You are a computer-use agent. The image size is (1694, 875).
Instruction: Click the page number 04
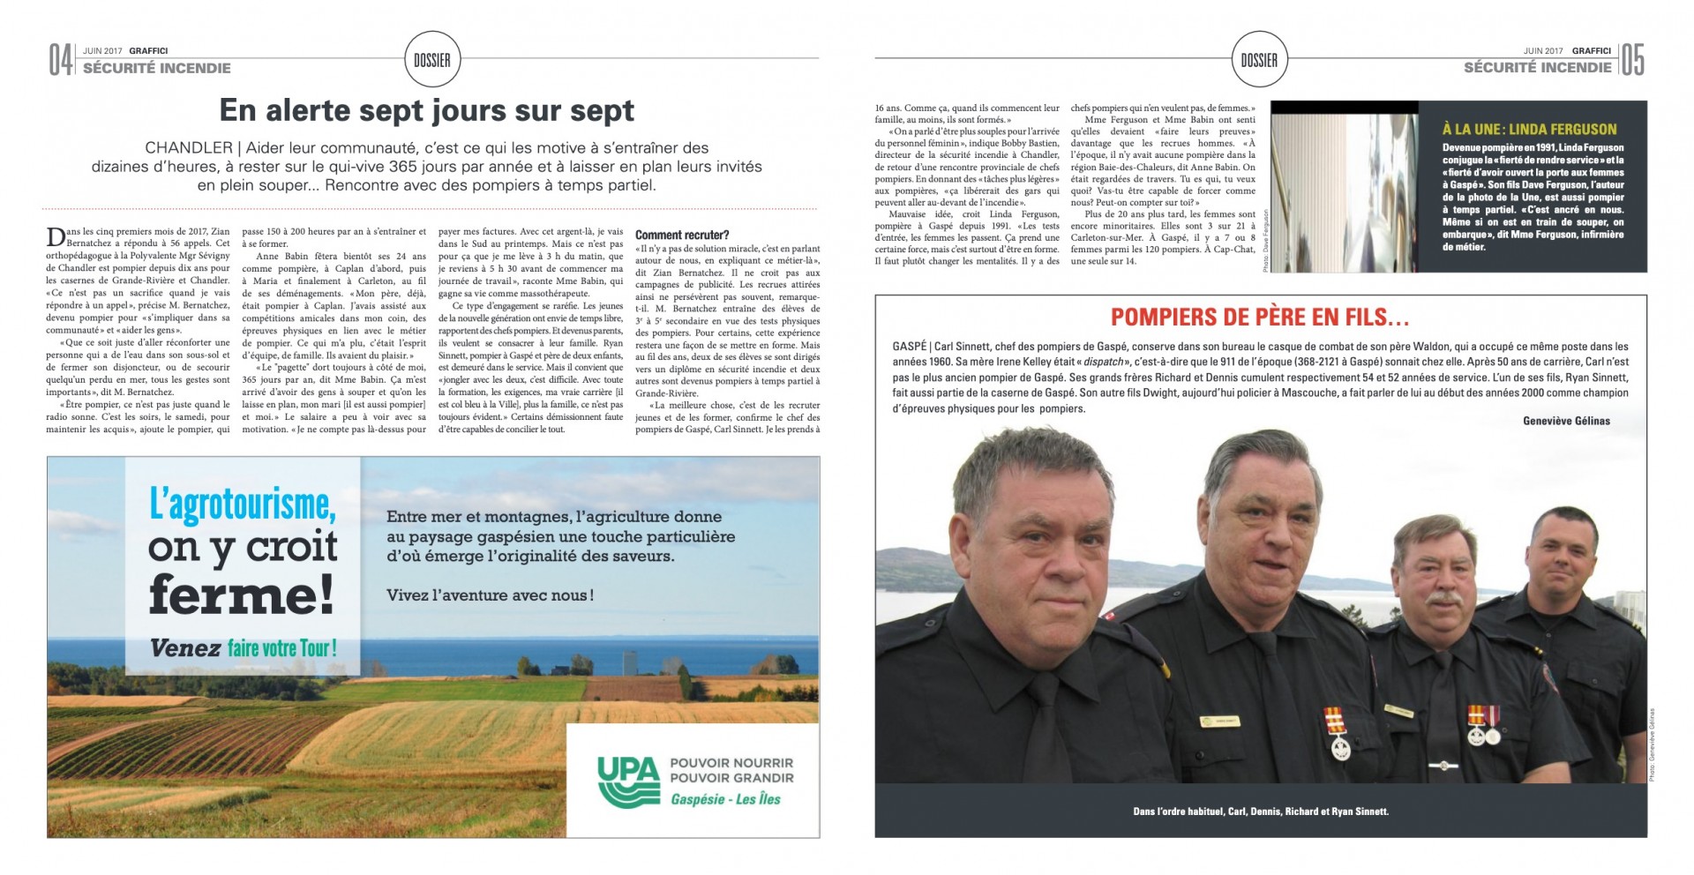tap(60, 60)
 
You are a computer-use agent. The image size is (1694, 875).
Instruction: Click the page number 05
tap(1632, 60)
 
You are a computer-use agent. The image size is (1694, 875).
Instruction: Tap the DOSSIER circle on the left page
tap(432, 60)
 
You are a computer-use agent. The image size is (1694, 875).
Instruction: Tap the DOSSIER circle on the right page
tap(1259, 60)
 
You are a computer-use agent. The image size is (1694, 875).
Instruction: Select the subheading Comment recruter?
tap(682, 236)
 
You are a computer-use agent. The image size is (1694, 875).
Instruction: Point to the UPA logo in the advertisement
tap(628, 782)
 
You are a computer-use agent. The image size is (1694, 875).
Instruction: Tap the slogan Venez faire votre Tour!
tap(243, 648)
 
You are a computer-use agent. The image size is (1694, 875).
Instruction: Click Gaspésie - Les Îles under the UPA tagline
tap(725, 799)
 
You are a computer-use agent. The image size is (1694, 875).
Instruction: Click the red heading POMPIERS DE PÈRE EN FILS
tap(1259, 318)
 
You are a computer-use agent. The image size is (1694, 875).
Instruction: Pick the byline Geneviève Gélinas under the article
tap(1566, 421)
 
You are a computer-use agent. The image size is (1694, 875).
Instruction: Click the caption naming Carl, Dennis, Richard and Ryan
tap(1260, 811)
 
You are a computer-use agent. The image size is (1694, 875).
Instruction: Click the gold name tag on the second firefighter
tap(1221, 721)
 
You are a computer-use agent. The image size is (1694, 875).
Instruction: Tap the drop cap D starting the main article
tap(55, 236)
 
